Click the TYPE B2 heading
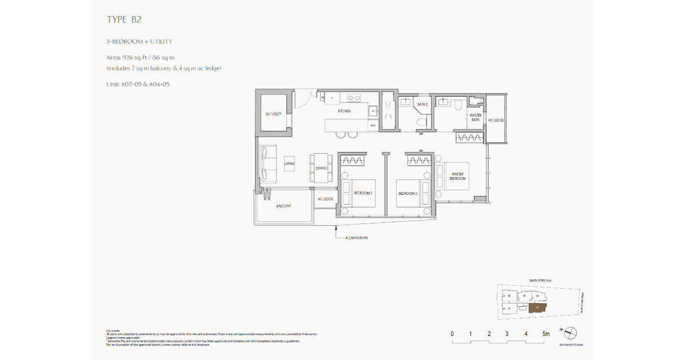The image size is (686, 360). point(124,19)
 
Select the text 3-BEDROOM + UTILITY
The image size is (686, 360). point(139,42)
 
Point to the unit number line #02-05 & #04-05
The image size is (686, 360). point(138,84)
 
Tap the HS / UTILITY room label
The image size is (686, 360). point(273,114)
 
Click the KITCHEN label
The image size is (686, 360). point(344,111)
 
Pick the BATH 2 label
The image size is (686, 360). point(422,105)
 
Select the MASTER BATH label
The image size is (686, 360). point(475,118)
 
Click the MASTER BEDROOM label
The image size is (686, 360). point(458,176)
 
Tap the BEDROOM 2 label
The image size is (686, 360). point(363,193)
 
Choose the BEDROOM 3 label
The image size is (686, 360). point(408,193)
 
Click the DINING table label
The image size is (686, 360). point(321,168)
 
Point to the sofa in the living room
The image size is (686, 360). point(268,163)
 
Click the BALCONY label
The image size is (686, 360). point(284,206)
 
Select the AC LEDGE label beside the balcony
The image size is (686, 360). point(325,199)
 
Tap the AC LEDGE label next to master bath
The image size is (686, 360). point(496,121)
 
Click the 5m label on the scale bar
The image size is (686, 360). point(546,334)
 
